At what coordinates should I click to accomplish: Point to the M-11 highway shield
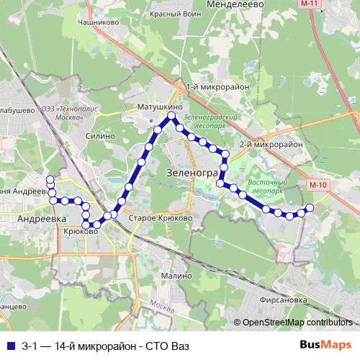(x=310, y=4)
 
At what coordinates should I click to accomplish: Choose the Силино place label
(x=100, y=135)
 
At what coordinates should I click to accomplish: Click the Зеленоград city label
(x=192, y=173)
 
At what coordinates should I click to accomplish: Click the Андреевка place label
(x=42, y=217)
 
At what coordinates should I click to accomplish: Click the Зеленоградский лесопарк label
(x=210, y=119)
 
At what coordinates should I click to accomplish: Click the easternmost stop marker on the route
(x=310, y=208)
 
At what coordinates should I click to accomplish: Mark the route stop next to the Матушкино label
(x=172, y=116)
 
